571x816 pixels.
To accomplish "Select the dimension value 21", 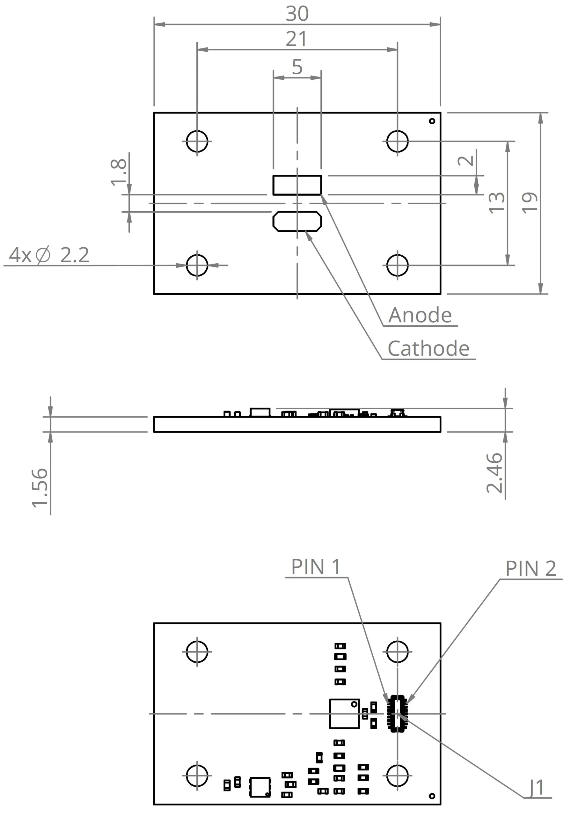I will tap(296, 39).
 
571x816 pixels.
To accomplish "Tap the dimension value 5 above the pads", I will tap(297, 67).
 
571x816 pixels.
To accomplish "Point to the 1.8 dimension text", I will tap(118, 172).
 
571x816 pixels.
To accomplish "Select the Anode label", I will tap(420, 315).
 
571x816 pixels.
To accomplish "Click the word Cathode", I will tap(428, 349).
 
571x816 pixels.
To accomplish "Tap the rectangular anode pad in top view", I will tap(297, 185).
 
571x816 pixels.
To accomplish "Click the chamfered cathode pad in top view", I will tap(297, 222).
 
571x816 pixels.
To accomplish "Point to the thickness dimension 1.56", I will tap(40, 488).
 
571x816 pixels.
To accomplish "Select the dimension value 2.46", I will tap(494, 473).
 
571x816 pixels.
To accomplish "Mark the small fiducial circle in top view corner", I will tap(432, 121).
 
